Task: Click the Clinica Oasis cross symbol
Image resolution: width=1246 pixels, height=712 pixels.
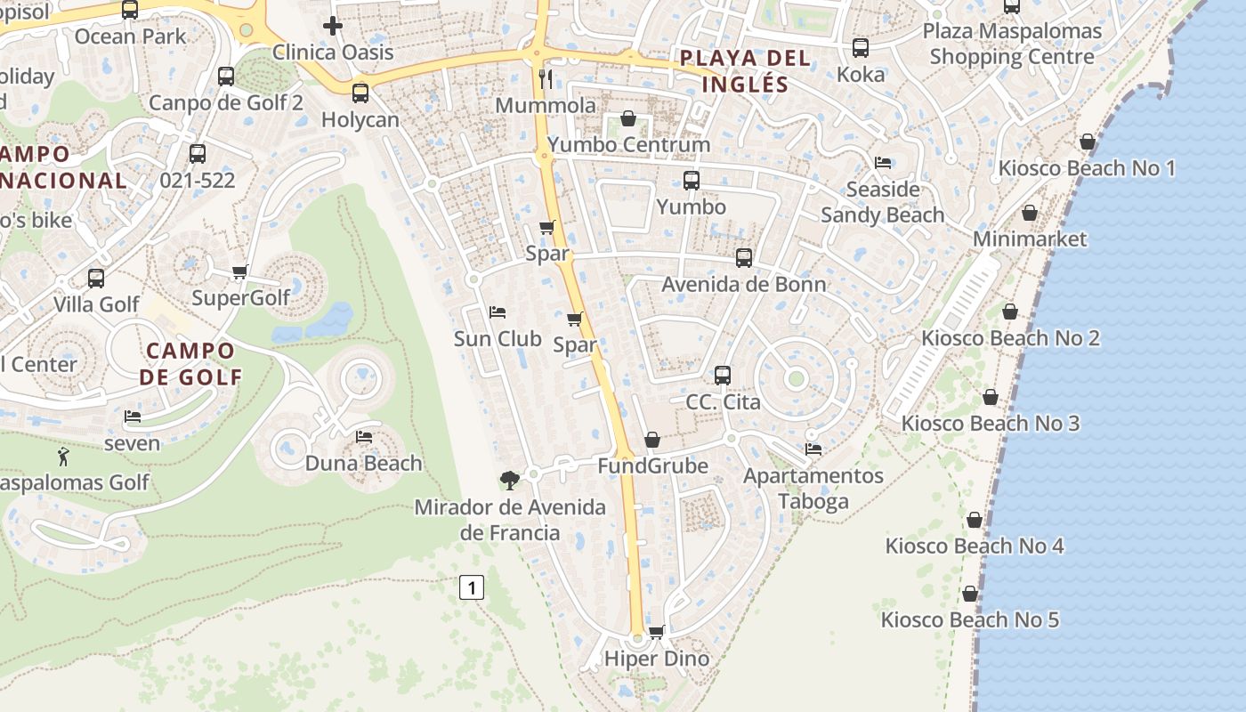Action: pyautogui.click(x=333, y=26)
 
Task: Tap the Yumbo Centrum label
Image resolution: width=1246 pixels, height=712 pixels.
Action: pyautogui.click(x=629, y=144)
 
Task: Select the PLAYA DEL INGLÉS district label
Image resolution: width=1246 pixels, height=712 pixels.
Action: pyautogui.click(x=745, y=71)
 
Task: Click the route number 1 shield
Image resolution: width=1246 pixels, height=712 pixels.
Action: pyautogui.click(x=472, y=587)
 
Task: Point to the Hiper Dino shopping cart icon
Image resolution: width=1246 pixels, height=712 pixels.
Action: pyautogui.click(x=657, y=632)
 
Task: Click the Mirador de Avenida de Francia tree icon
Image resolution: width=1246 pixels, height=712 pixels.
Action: pyautogui.click(x=509, y=481)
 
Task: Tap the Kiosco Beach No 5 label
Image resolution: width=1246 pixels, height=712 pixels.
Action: pyautogui.click(x=970, y=619)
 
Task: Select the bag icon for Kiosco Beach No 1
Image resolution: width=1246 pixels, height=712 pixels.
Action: pyautogui.click(x=1087, y=142)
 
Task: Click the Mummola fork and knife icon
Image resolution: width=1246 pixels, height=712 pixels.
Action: pyautogui.click(x=546, y=79)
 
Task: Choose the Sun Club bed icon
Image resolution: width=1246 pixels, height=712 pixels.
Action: pyautogui.click(x=498, y=312)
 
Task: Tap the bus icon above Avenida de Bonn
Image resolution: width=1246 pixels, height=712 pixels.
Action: pyautogui.click(x=744, y=258)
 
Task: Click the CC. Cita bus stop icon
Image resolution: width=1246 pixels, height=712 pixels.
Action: pyautogui.click(x=723, y=376)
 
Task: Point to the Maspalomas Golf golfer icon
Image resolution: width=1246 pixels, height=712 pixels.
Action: pyautogui.click(x=63, y=457)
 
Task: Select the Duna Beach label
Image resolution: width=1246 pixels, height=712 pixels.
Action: pyautogui.click(x=363, y=463)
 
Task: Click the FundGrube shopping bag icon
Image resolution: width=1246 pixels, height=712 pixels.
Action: pyautogui.click(x=652, y=440)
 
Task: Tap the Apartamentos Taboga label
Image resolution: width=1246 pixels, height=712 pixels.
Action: pyautogui.click(x=813, y=488)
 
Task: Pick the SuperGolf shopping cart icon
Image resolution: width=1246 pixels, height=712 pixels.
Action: pyautogui.click(x=239, y=271)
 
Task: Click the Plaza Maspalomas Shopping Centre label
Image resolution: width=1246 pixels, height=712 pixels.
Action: pyautogui.click(x=1012, y=44)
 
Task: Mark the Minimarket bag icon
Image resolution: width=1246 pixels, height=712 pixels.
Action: pyautogui.click(x=1030, y=213)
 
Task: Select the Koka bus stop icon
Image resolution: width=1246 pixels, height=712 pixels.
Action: pyautogui.click(x=861, y=48)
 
